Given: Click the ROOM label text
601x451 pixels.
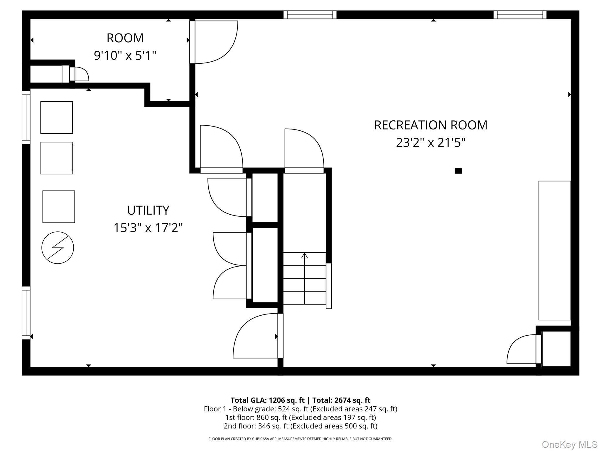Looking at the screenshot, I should pyautogui.click(x=125, y=38).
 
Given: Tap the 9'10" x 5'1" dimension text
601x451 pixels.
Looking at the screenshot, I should pyautogui.click(x=125, y=55).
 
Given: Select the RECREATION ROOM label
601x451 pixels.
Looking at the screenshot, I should pyautogui.click(x=431, y=125).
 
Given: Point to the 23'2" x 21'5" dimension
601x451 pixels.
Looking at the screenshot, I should pyautogui.click(x=431, y=143).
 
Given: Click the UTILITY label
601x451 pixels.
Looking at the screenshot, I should pyautogui.click(x=148, y=210).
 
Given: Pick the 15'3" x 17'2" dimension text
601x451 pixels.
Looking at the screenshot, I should pyautogui.click(x=148, y=228).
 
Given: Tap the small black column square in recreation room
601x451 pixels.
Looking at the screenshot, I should pyautogui.click(x=458, y=171).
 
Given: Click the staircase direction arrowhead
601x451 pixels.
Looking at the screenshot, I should pyautogui.click(x=305, y=255).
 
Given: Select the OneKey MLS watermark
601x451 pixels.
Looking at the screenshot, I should pyautogui.click(x=570, y=445).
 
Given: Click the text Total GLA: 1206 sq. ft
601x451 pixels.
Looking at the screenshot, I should pyautogui.click(x=267, y=400).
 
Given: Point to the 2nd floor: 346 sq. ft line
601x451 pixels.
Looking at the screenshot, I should pyautogui.click(x=300, y=426).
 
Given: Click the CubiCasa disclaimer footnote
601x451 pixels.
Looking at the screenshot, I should pyautogui.click(x=300, y=439).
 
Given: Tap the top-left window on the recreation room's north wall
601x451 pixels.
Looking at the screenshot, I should pyautogui.click(x=310, y=15).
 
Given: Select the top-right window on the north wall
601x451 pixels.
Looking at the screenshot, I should pyautogui.click(x=520, y=15).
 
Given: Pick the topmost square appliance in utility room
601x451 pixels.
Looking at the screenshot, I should pyautogui.click(x=57, y=117).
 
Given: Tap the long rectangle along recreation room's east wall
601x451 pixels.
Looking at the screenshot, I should pyautogui.click(x=554, y=250).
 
